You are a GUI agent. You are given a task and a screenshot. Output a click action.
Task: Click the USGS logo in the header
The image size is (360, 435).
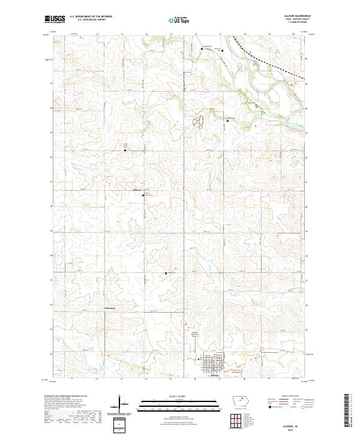coord(55,19)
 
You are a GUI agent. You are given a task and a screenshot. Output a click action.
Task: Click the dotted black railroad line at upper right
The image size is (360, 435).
coord(276,65)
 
